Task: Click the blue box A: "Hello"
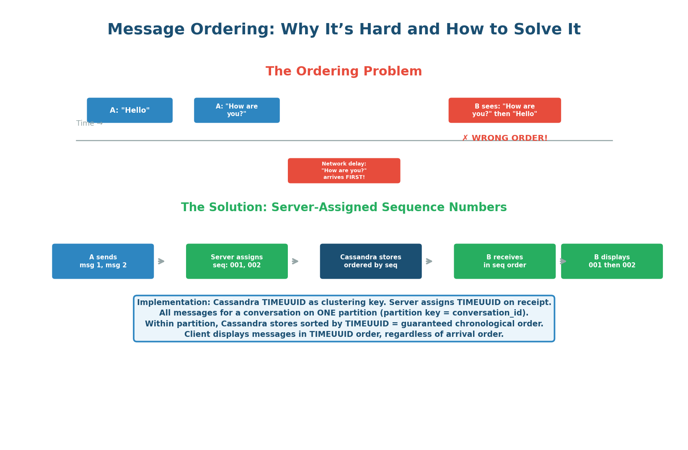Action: pos(129,110)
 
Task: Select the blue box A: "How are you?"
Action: pos(237,110)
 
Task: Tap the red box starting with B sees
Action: pos(504,110)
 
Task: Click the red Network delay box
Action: pos(344,171)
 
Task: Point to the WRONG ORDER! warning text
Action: pos(504,138)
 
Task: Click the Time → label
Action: pos(89,123)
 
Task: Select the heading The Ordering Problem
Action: pos(344,72)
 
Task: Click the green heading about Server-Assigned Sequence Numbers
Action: pos(344,207)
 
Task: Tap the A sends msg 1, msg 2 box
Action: pos(103,261)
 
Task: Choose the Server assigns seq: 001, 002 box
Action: pos(237,261)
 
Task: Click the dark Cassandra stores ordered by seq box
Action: pos(370,261)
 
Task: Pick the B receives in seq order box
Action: pos(504,261)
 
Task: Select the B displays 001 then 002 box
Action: pos(612,261)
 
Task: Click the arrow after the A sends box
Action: pos(161,261)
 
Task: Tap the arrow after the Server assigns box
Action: pos(295,261)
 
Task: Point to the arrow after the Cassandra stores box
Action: pos(429,261)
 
